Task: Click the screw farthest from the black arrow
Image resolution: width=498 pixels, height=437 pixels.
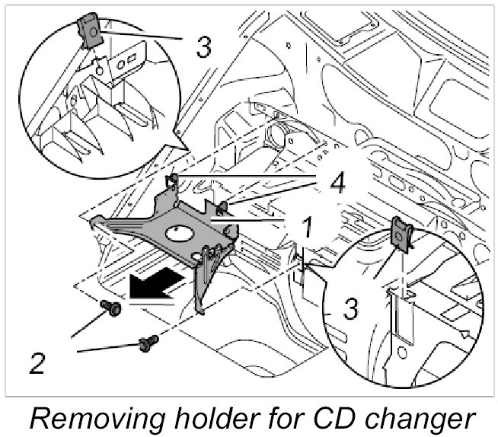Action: (148, 344)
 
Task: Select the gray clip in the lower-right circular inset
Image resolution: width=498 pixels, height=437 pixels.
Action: (401, 233)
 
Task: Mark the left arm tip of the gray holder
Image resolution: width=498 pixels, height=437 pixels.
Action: (95, 222)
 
